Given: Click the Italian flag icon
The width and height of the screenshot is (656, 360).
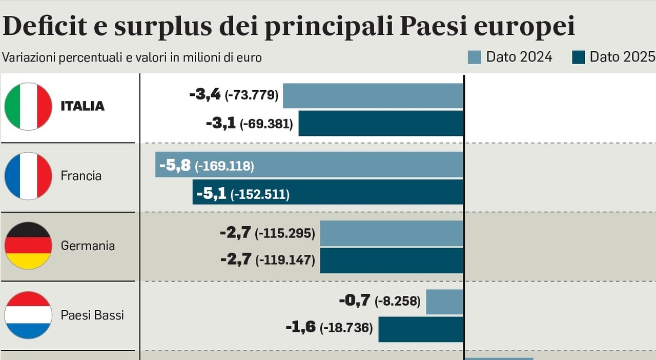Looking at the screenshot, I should coord(28,106).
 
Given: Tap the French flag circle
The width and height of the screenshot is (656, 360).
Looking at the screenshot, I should coord(28,176).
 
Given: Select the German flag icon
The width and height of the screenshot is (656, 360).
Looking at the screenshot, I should coord(28,246).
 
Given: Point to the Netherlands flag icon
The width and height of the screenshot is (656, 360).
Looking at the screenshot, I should coord(28,315).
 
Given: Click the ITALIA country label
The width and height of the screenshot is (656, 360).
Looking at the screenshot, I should coord(83,106).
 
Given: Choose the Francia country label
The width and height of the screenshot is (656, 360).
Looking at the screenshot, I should coord(81,176).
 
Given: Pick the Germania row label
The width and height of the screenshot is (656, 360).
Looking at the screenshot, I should coord(88,246).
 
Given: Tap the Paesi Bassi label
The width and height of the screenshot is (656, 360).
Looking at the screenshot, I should coord(92,315).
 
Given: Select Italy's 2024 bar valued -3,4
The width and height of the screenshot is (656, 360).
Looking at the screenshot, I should coord(373,95).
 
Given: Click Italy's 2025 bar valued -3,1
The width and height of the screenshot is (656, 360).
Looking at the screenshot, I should coord(380,123).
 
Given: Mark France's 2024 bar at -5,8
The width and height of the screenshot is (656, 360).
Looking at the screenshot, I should coord(359,165).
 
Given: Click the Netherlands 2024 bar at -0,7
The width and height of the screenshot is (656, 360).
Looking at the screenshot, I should coord(444,302).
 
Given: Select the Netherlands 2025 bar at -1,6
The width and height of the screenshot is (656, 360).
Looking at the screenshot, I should coord(420,329).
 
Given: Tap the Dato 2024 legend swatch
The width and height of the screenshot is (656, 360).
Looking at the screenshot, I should coord(475,57).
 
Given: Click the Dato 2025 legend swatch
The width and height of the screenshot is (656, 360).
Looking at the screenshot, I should coord(578,57).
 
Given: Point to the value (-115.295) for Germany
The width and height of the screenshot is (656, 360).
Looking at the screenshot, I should coord(285,233).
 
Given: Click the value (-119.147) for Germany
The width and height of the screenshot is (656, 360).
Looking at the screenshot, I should coord(285,260).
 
